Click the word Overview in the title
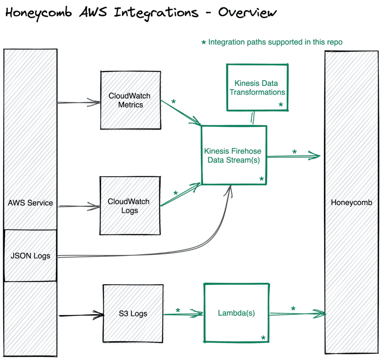pyautogui.click(x=247, y=13)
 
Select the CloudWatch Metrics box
pyautogui.click(x=131, y=100)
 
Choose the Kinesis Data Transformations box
pyautogui.click(x=257, y=88)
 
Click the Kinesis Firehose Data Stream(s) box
pyautogui.click(x=234, y=155)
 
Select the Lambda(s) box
pyautogui.click(x=236, y=313)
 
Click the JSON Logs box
pyautogui.click(x=30, y=256)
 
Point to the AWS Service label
pyautogui.click(x=30, y=203)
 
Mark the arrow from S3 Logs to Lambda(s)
pyautogui.click(x=183, y=314)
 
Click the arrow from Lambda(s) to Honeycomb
pyautogui.click(x=297, y=314)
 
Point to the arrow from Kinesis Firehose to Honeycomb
pyautogui.click(x=293, y=156)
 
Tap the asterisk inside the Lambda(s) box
pyautogui.click(x=263, y=338)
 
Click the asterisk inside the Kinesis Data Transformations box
pyautogui.click(x=281, y=105)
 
